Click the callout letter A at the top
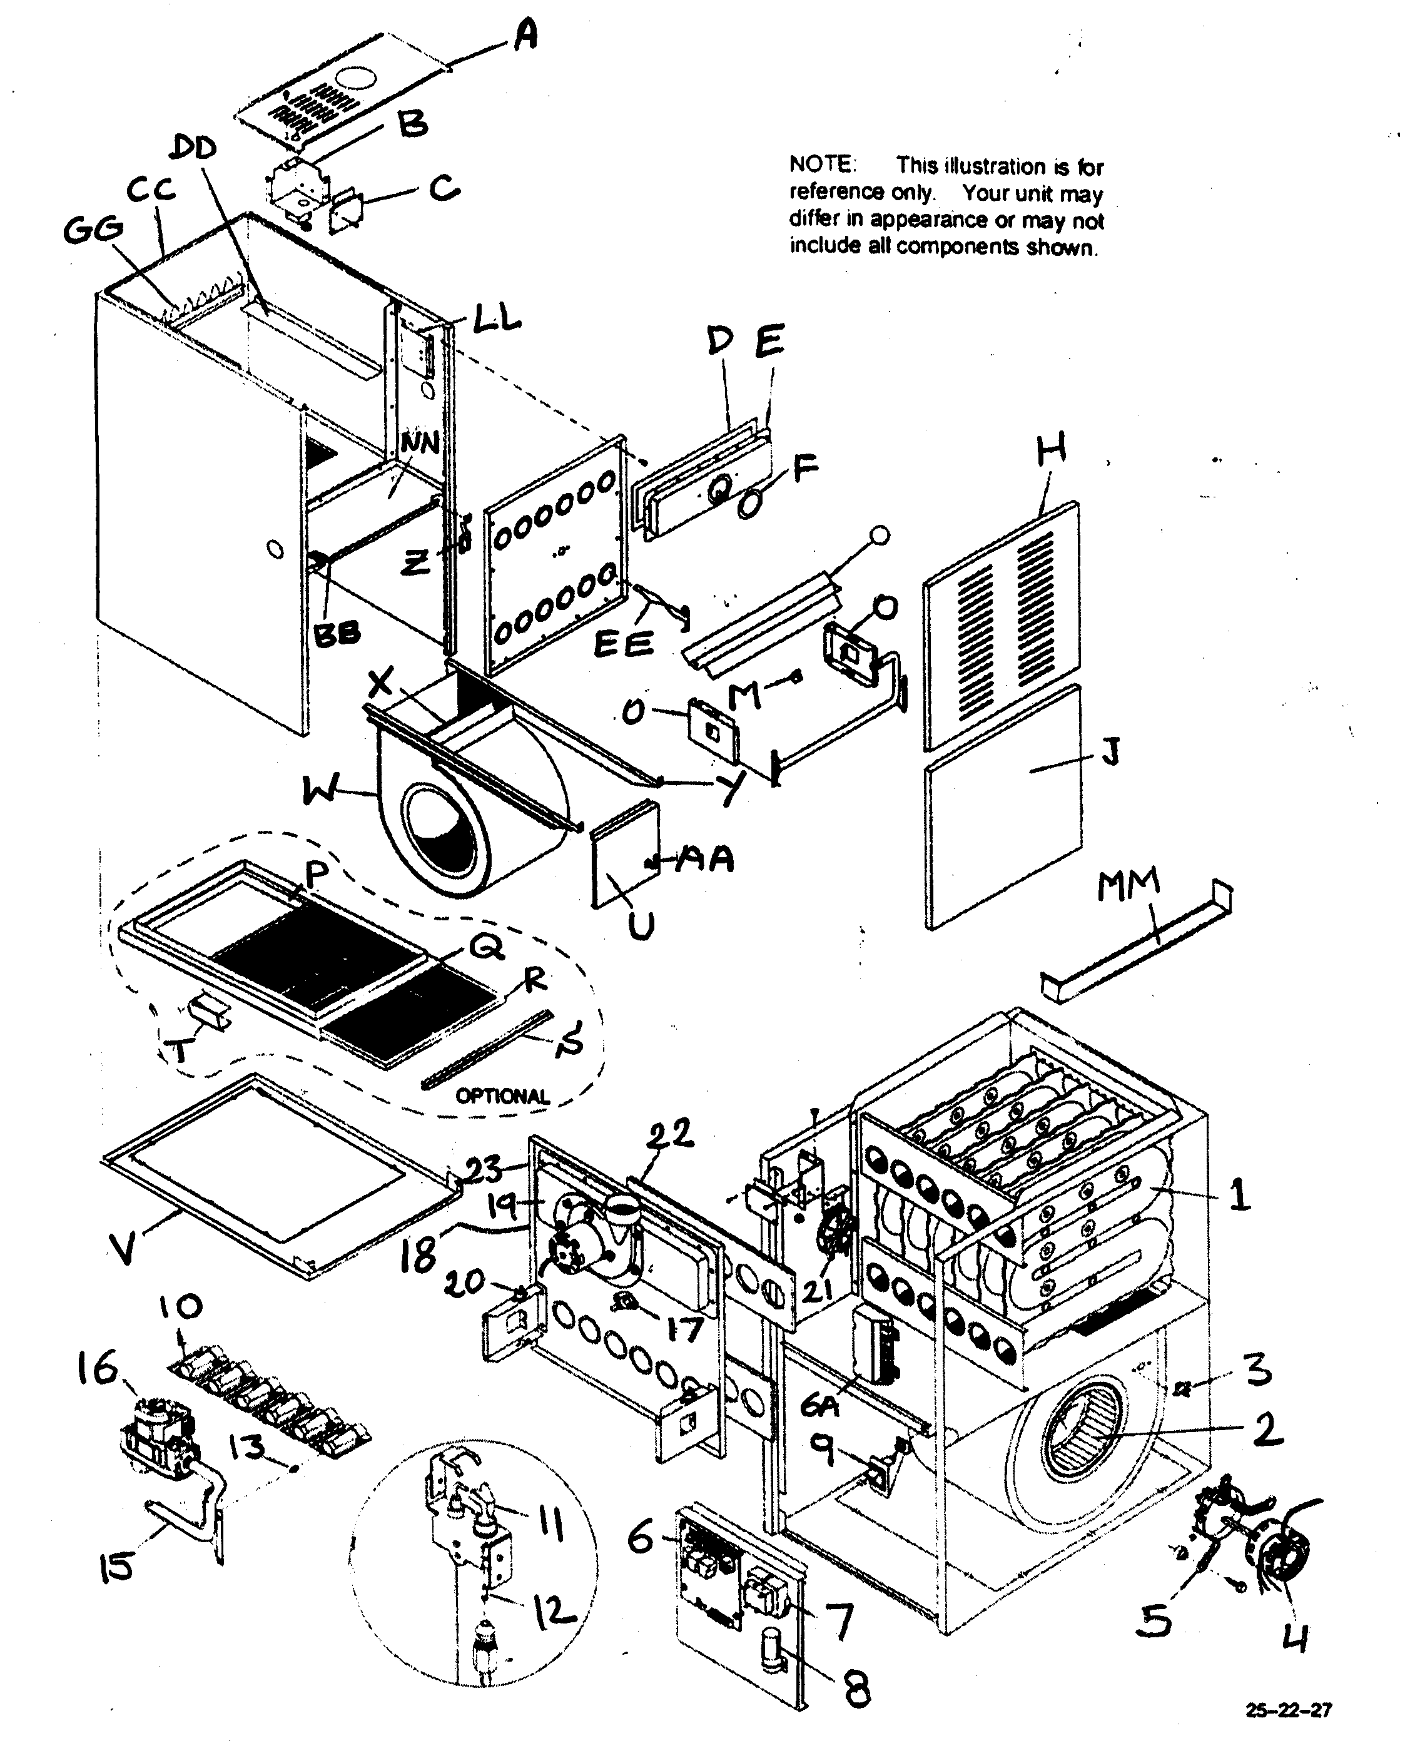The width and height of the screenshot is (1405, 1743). (x=526, y=36)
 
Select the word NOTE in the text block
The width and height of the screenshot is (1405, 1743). (x=821, y=165)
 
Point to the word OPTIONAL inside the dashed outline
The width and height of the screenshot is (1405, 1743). (x=502, y=1097)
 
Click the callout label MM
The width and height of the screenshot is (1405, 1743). (x=1129, y=885)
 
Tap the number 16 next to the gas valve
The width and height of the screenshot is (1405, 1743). (x=97, y=1369)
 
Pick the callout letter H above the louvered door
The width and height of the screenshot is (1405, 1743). (x=1052, y=449)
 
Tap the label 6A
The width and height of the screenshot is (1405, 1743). (x=819, y=1406)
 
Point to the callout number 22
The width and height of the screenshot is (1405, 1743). (x=670, y=1134)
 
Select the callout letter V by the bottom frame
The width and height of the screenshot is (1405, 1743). (x=123, y=1249)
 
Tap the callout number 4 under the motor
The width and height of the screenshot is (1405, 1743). (x=1295, y=1637)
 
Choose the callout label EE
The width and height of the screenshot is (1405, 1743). (x=623, y=645)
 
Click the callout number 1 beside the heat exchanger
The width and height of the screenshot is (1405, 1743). (x=1238, y=1195)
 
